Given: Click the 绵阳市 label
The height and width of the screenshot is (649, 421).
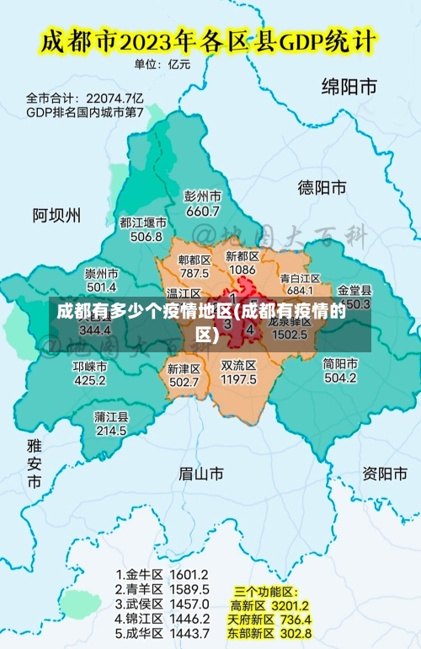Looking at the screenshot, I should [x=349, y=86].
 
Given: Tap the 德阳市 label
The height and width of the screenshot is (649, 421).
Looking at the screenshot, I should [x=322, y=187].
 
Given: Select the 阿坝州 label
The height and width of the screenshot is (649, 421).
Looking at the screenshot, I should [x=57, y=215].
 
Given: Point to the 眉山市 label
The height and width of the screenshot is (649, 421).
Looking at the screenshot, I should [x=201, y=474].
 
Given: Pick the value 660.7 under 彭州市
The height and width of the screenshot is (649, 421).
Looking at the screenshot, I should [x=202, y=211].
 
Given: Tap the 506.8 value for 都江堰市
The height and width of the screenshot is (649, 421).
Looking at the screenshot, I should [x=147, y=237].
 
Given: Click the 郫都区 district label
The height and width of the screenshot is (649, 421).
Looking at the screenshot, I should [x=195, y=260].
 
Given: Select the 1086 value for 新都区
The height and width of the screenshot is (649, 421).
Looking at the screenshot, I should [x=242, y=270].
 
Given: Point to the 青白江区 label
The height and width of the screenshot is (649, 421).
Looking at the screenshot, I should [x=301, y=277].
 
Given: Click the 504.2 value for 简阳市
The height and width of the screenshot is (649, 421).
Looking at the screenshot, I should [x=340, y=378].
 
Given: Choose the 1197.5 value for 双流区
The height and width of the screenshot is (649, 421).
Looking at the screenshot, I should [x=238, y=380].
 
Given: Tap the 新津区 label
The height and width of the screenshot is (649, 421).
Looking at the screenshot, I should [x=184, y=368].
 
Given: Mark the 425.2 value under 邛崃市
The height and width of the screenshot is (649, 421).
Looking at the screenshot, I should [x=90, y=380].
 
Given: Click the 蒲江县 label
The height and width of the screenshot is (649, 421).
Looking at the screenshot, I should [x=111, y=416].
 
